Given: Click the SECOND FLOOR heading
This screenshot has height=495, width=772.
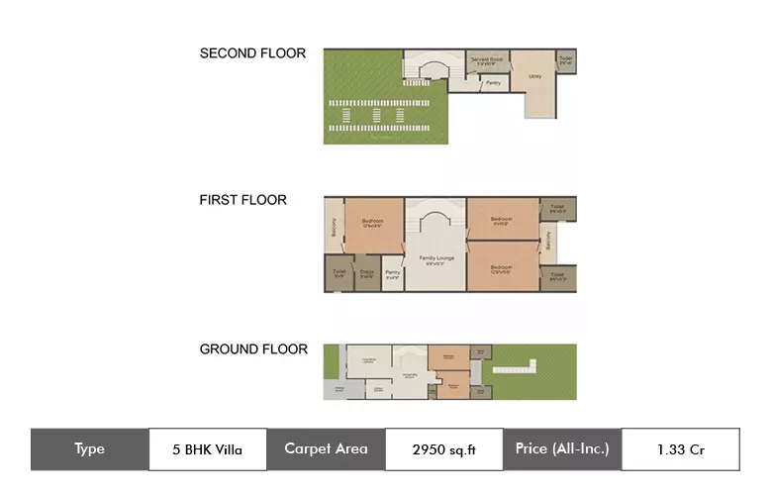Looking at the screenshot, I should [x=252, y=53].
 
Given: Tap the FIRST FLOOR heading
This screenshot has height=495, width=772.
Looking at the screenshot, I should [x=243, y=200].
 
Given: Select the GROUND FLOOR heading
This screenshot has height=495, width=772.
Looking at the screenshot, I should [x=253, y=349].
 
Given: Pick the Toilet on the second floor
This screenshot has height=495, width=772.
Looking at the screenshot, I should [x=565, y=61].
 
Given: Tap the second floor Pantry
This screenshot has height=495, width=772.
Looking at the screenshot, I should [x=492, y=83].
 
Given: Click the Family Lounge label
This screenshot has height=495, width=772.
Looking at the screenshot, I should [x=434, y=260].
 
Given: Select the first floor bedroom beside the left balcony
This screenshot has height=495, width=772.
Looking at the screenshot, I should [x=373, y=226].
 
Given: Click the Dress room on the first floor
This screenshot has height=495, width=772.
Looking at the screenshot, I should [x=367, y=274].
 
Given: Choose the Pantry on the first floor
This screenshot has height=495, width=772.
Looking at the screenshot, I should [x=393, y=274].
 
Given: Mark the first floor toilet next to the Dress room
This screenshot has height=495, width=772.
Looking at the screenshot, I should [x=338, y=274].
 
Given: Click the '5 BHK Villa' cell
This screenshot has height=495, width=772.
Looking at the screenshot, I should [x=207, y=449].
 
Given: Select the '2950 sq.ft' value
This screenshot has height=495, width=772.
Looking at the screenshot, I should [x=443, y=449].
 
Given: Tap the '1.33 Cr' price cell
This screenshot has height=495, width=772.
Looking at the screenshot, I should [x=680, y=449].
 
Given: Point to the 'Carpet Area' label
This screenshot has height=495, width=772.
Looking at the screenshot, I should [x=326, y=449].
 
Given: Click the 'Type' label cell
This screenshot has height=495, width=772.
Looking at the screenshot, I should [x=89, y=449].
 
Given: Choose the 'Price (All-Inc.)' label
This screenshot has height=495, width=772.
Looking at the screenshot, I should [x=562, y=449].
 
